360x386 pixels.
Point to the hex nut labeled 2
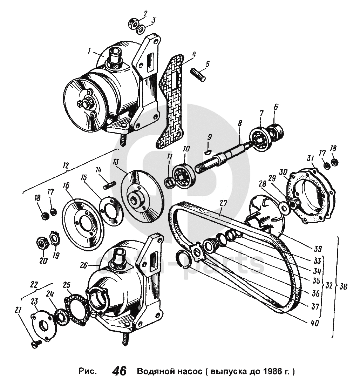(x=132, y=25)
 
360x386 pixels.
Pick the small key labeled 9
(x=207, y=152)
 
